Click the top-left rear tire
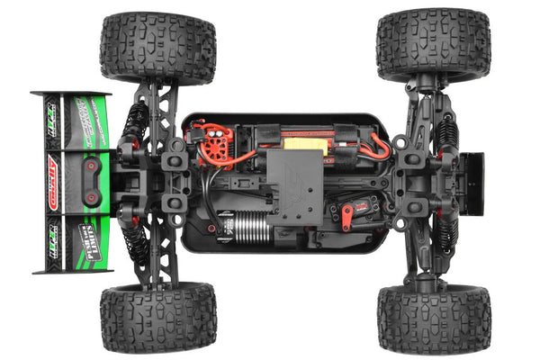[157, 47]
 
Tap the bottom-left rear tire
[157, 317]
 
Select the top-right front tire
[433, 45]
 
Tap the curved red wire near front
[379, 148]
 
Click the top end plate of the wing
[70, 93]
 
